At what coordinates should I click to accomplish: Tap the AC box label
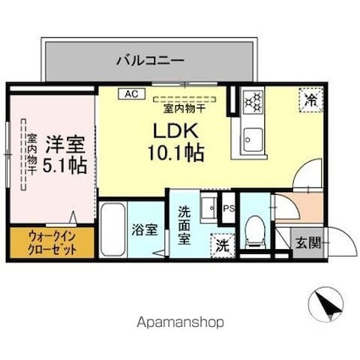point(132,94)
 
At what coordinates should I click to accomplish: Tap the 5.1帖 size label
point(65,165)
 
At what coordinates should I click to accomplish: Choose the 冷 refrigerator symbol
point(310,100)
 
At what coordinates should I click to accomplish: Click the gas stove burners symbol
point(252,102)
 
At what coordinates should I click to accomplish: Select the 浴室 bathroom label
point(142,229)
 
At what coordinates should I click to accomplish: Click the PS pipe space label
point(227,207)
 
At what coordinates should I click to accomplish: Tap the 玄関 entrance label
point(307,243)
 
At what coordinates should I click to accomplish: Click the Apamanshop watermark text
point(179,323)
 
